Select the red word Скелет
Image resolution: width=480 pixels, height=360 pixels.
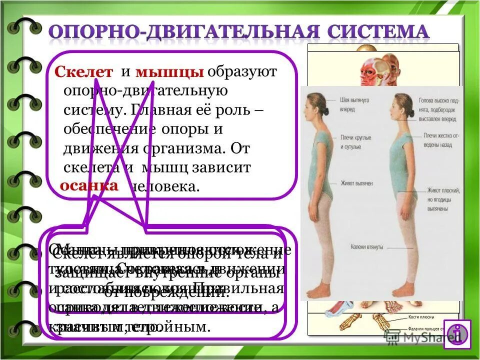84,72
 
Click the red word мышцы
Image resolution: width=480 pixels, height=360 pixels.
169,72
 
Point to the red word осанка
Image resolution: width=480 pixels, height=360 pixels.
89,185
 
